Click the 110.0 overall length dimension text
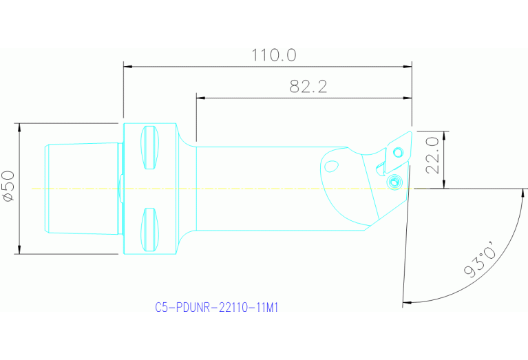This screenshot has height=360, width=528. click(x=273, y=55)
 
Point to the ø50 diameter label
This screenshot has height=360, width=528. click(x=9, y=187)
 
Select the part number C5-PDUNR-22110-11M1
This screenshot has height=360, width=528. click(x=217, y=308)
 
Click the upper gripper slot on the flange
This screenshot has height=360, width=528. click(x=149, y=147)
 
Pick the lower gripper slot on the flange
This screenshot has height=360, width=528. click(x=149, y=230)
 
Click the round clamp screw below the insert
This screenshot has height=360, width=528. click(x=394, y=182)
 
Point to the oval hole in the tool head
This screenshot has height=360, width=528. click(x=331, y=166)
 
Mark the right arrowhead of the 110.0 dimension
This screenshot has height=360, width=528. click(x=408, y=67)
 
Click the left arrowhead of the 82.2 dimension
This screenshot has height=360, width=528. click(x=200, y=98)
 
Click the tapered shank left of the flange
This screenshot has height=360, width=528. click(x=81, y=188)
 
